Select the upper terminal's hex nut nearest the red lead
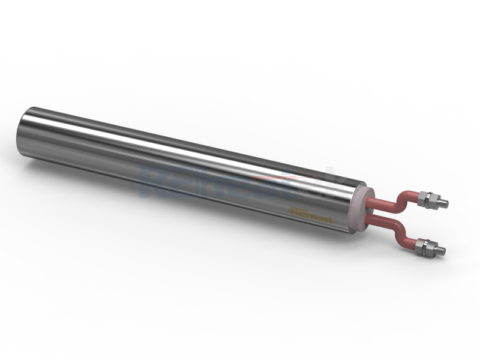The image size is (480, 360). point(425,199)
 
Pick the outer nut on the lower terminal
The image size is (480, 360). point(430,245)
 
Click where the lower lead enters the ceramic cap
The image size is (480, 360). point(367,223)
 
